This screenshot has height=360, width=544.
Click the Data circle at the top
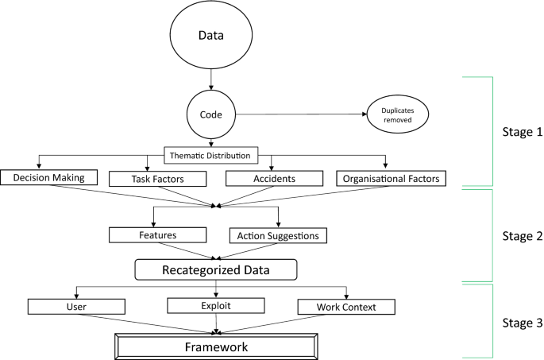(212, 37)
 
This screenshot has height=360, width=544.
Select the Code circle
(212, 114)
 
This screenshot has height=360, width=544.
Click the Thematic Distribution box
(212, 155)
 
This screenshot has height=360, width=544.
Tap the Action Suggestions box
(278, 236)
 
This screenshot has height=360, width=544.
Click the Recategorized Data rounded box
(216, 269)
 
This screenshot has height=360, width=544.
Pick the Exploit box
(216, 304)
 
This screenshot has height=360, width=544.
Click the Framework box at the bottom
(216, 346)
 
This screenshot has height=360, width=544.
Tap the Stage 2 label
(523, 236)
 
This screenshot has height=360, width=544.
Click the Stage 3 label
(523, 323)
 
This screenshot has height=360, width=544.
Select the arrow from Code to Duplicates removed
(302, 114)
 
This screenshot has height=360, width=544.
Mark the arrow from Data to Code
(212, 79)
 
